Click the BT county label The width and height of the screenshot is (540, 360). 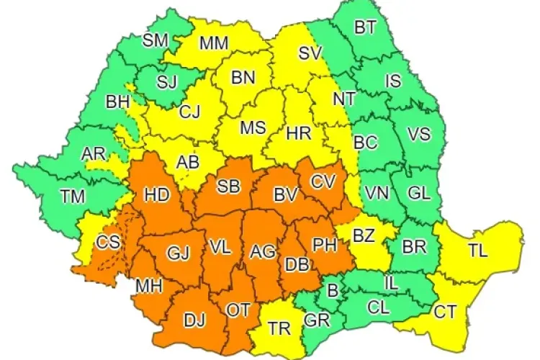tap(365, 27)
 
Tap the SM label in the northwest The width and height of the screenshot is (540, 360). tap(155, 40)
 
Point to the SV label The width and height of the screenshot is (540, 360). tap(310, 52)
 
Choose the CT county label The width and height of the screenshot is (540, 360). tap(445, 312)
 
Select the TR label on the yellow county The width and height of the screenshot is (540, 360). tap(279, 329)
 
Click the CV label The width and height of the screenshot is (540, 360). tap(323, 181)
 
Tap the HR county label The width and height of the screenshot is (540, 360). tap(297, 133)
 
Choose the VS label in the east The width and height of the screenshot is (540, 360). tap(418, 134)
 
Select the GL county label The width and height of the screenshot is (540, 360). tap(418, 192)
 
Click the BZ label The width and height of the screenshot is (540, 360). tap(364, 235)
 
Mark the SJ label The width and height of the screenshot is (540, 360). tap(166, 82)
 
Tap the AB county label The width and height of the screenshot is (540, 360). tap(188, 163)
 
